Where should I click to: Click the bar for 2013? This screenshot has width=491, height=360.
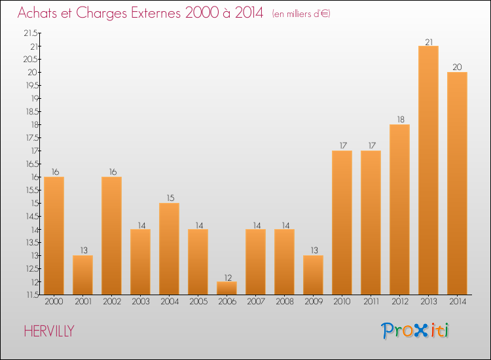(428, 170)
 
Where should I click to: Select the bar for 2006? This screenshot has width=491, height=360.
(227, 288)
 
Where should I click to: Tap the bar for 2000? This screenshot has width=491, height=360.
(54, 236)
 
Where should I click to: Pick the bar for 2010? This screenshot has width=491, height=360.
(342, 223)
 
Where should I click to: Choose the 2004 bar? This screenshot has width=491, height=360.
(169, 249)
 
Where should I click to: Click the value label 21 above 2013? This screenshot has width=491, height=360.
(428, 41)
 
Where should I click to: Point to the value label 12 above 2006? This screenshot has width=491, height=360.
(227, 277)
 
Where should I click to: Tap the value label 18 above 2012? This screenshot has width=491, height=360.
(399, 120)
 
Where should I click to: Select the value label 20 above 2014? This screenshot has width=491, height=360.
(457, 67)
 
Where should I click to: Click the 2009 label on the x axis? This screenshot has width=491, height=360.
(313, 302)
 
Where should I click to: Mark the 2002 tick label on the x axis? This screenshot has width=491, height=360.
(111, 302)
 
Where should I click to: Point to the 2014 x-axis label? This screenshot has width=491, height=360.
(457, 302)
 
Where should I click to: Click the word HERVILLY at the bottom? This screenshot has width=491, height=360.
(49, 331)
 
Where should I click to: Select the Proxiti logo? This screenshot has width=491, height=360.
(416, 331)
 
